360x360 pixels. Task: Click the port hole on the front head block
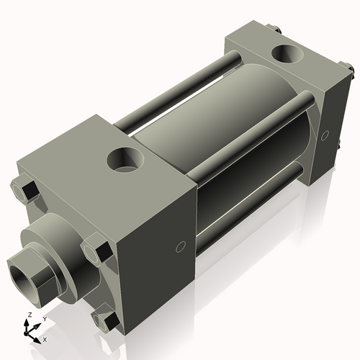(126, 159)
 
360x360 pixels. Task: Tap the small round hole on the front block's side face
(181, 248)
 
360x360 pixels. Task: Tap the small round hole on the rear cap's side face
(325, 135)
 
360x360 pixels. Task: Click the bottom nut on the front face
(107, 319)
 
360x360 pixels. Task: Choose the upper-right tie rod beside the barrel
(245, 148)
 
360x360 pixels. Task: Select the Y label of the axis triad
(44, 318)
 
